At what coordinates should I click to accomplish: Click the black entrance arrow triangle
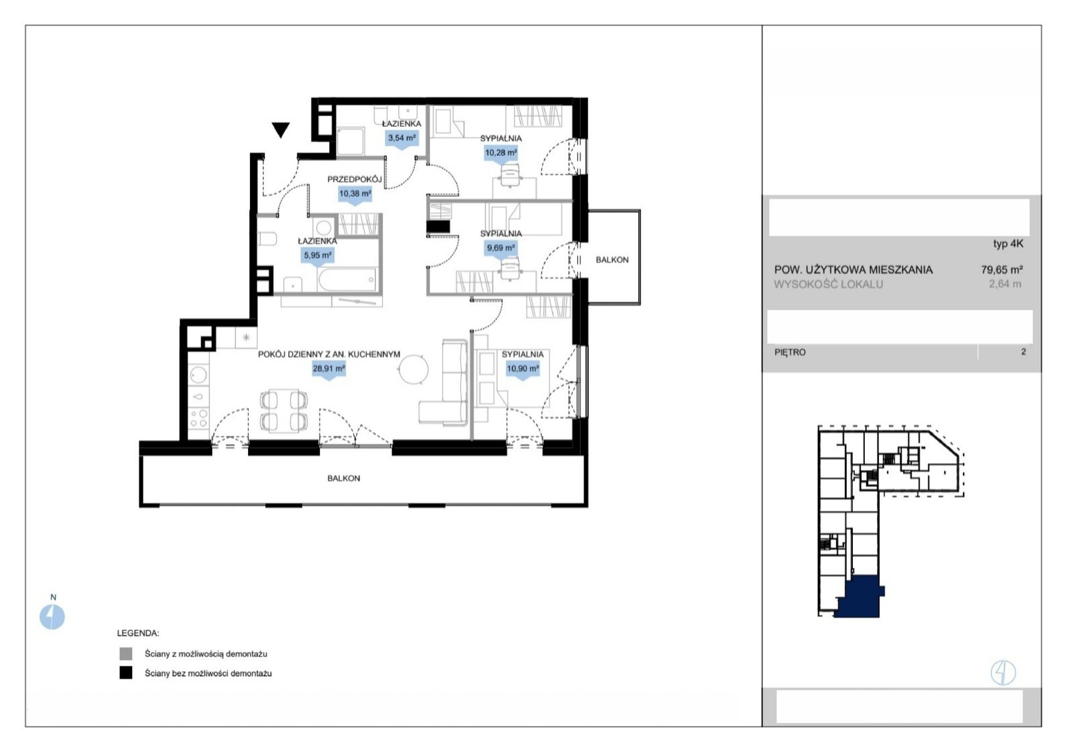point(281,129)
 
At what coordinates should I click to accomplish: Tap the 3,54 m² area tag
point(402,139)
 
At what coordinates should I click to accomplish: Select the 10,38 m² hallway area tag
point(355,195)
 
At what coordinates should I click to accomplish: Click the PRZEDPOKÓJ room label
point(354,179)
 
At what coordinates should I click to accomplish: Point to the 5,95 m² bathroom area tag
point(317,257)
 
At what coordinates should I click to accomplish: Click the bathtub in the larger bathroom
point(347,279)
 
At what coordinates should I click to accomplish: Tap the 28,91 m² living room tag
point(329,370)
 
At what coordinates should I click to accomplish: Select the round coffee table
point(413,369)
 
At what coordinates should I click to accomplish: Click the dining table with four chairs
point(283,411)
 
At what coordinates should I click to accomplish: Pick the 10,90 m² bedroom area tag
point(523,370)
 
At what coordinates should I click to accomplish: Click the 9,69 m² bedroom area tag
point(501,249)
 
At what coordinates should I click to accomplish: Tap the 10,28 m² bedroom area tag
point(501,154)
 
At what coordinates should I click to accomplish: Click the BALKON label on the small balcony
point(612,260)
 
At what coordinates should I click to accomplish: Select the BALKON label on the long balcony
point(343,479)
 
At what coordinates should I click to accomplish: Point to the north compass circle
point(52,617)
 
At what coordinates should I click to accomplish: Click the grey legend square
point(126,654)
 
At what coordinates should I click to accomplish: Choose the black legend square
point(126,673)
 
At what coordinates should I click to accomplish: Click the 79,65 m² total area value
point(1002,270)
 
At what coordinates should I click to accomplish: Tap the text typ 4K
point(1008,244)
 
